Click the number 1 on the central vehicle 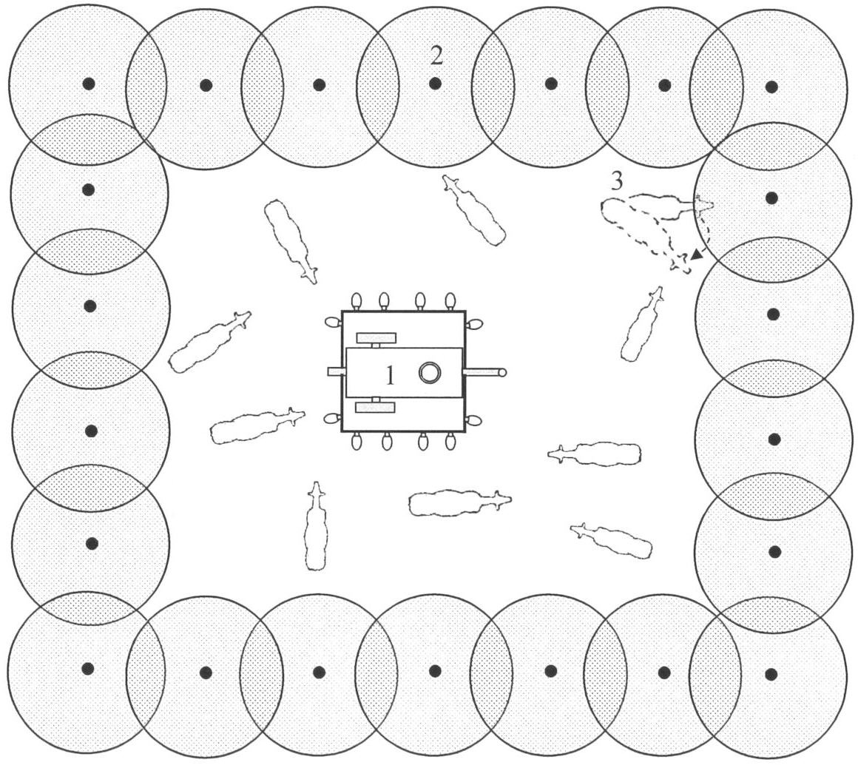[x=390, y=376]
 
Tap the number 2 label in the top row [x=436, y=55]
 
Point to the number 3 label [x=617, y=181]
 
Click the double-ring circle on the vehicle [x=430, y=372]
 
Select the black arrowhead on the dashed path [x=697, y=254]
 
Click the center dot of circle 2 [x=435, y=84]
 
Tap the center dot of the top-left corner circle [x=89, y=84]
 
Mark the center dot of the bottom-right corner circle [x=771, y=674]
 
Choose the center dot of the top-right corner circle [x=771, y=87]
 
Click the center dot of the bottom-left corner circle [x=87, y=668]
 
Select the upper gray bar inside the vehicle [x=376, y=338]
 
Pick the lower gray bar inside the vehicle [x=375, y=407]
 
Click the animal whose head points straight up [x=315, y=527]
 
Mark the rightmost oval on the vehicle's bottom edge [x=450, y=441]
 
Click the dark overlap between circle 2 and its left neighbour [x=377, y=85]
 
